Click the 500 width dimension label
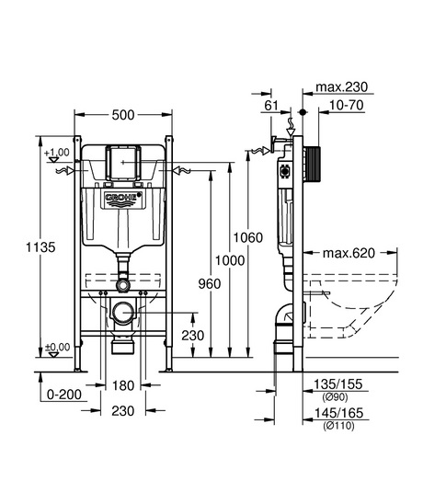123,115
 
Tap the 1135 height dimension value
40,247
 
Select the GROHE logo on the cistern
123,197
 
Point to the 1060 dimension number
248,237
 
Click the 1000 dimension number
230,260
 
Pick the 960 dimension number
210,284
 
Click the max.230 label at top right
342,87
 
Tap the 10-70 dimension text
346,105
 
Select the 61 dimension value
271,106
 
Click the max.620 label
349,253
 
